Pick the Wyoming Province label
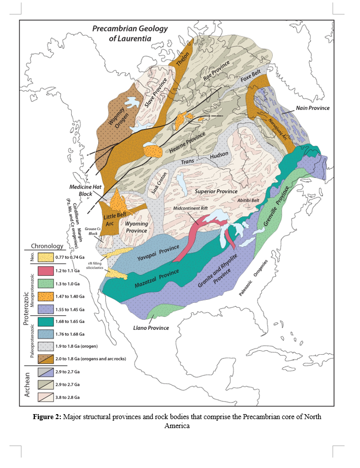(x=135, y=227)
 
